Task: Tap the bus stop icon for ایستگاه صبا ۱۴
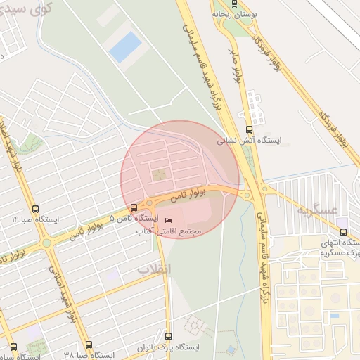click(36, 208)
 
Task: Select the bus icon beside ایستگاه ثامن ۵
click(134, 207)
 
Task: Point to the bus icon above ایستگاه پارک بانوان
click(168, 336)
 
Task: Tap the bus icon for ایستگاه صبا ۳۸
click(88, 345)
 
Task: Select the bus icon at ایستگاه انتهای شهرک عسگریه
click(343, 231)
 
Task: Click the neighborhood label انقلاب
click(153, 269)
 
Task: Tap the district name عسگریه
click(318, 210)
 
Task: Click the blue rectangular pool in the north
click(125, 46)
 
